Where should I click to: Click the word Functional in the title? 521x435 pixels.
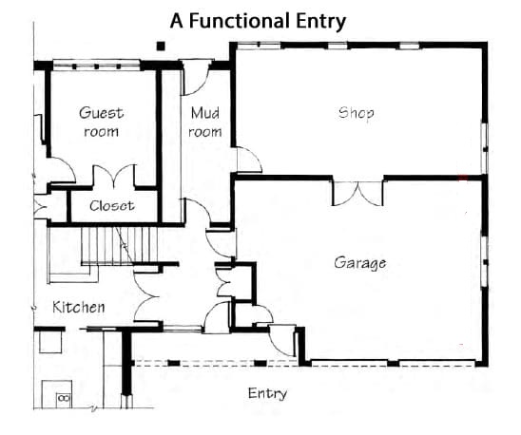[239, 21]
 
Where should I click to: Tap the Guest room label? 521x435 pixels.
[102, 122]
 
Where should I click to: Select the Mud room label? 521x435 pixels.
[205, 123]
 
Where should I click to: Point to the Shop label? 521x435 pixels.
[356, 114]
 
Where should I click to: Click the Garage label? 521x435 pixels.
[359, 263]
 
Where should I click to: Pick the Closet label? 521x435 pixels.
[112, 206]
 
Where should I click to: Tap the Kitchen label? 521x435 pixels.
[79, 307]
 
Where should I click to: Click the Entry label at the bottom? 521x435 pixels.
[267, 394]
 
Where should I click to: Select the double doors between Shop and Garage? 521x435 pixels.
[357, 194]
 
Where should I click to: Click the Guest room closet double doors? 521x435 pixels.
[114, 176]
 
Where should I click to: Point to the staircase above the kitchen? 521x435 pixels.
[119, 246]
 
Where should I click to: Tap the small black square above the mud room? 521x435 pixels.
[161, 46]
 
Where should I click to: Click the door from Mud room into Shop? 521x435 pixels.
[249, 161]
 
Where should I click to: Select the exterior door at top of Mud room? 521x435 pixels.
[196, 77]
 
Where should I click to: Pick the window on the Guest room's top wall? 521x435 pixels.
[96, 66]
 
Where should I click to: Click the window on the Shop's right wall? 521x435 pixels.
[485, 148]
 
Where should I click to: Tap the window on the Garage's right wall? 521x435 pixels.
[485, 261]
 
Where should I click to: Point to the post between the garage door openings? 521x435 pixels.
[393, 363]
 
